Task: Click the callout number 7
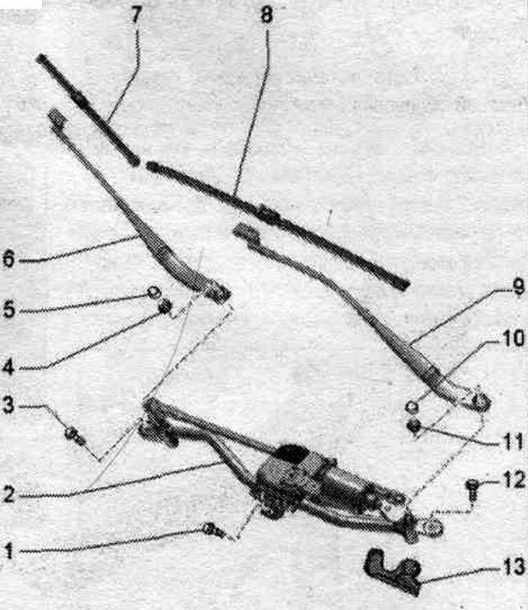(x=135, y=15)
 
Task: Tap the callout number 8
(x=267, y=16)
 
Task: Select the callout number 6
(x=8, y=258)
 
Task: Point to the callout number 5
(x=8, y=310)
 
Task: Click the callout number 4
(x=8, y=367)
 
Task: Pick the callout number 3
(x=8, y=406)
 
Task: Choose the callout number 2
(x=8, y=495)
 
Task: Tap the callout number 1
(x=9, y=551)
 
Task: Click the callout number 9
(x=518, y=288)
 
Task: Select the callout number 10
(x=513, y=339)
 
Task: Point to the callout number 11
(x=513, y=443)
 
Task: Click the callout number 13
(x=513, y=566)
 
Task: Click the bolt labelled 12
(x=472, y=490)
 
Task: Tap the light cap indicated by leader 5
(x=153, y=291)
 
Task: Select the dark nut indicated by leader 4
(x=166, y=307)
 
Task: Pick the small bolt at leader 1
(x=212, y=529)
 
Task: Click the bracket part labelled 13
(x=393, y=569)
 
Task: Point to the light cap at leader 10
(x=411, y=407)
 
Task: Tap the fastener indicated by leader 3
(x=76, y=435)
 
